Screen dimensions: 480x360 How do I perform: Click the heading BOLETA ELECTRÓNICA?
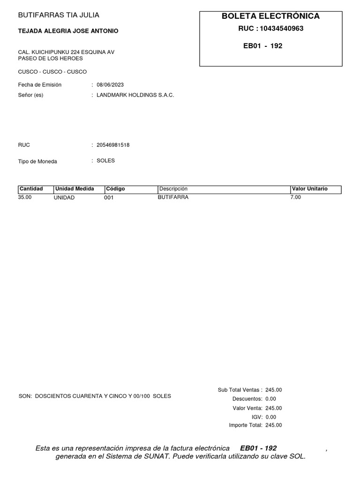pos(271,16)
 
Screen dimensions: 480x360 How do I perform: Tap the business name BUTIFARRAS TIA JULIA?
pos(59,15)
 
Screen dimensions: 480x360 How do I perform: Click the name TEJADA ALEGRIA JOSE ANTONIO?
pos(68,31)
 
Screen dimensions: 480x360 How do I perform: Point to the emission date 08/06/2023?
pos(110,85)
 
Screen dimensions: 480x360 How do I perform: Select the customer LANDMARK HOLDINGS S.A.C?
pos(135,95)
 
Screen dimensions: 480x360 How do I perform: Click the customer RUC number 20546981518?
pos(113,145)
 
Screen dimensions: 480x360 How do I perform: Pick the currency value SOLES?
pos(105,161)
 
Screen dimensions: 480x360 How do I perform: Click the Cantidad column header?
pos(31,189)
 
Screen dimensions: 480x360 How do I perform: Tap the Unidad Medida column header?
pos(75,189)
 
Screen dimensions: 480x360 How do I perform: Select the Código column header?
pos(115,189)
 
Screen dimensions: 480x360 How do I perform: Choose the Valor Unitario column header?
pos(310,189)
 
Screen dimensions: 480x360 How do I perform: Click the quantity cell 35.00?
pos(25,197)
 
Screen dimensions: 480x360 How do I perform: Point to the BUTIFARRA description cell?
pos(173,197)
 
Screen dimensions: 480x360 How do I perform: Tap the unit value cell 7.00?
pos(296,197)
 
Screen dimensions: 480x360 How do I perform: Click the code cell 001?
pos(109,198)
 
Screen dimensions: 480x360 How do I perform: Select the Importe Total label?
pos(246,426)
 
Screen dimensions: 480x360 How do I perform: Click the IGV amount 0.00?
pos(271,417)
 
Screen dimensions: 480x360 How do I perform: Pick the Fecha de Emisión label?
pos(40,85)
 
